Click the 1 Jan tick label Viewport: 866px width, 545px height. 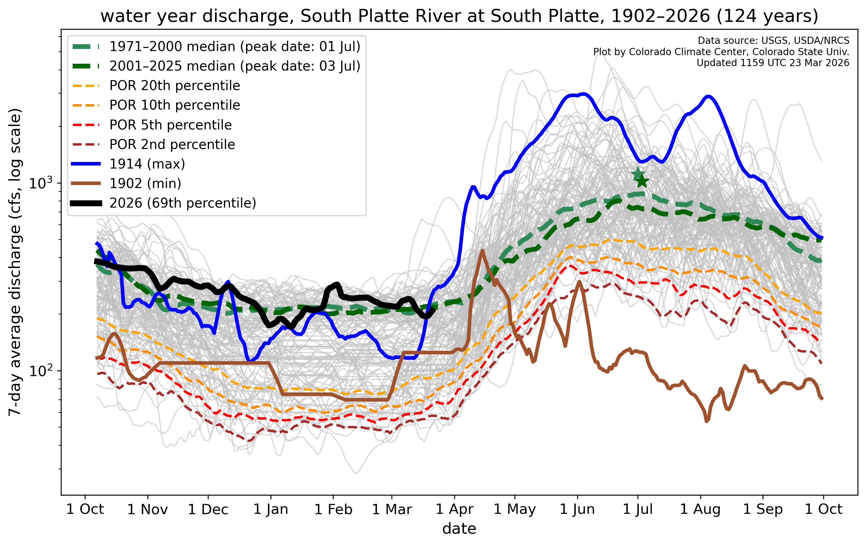point(271,509)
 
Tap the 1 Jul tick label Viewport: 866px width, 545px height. point(638,509)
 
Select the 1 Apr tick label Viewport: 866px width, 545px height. point(454,509)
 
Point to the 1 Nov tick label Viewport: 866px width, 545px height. point(147,509)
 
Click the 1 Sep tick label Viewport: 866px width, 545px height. point(763,509)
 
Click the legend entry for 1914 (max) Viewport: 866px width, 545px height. point(147,164)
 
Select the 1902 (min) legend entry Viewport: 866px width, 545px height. point(145,183)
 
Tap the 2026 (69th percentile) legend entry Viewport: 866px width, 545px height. point(183,203)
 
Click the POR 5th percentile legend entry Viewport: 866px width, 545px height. point(170,125)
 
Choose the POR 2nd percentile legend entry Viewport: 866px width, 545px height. point(172,145)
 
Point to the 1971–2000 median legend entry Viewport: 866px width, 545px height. point(234,47)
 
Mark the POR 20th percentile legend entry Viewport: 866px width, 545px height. point(174,86)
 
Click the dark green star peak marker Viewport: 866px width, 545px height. point(642,182)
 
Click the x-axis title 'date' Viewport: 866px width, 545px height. point(459,529)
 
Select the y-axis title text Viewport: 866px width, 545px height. point(15,262)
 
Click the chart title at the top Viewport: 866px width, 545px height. point(459,16)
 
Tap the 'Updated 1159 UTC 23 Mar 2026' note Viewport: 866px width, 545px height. point(772,63)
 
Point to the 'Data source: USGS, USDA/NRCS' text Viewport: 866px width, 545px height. point(773,41)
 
